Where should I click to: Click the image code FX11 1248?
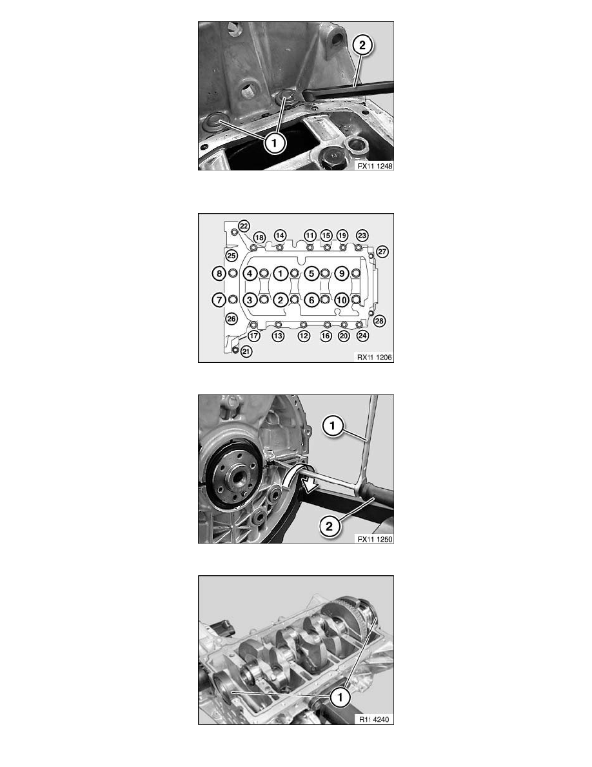[x=373, y=166]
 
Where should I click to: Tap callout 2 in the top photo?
[x=362, y=45]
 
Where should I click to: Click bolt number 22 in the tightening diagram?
[x=244, y=225]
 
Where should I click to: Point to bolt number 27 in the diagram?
[x=382, y=251]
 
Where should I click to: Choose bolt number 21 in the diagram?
[x=246, y=351]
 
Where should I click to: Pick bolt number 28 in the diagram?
[x=379, y=321]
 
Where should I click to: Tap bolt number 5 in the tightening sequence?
[x=311, y=273]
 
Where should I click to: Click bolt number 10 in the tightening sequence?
[x=342, y=300]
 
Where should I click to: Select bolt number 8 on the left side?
[x=219, y=273]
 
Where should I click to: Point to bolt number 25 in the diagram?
[x=232, y=256]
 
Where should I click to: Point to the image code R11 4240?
[x=375, y=719]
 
